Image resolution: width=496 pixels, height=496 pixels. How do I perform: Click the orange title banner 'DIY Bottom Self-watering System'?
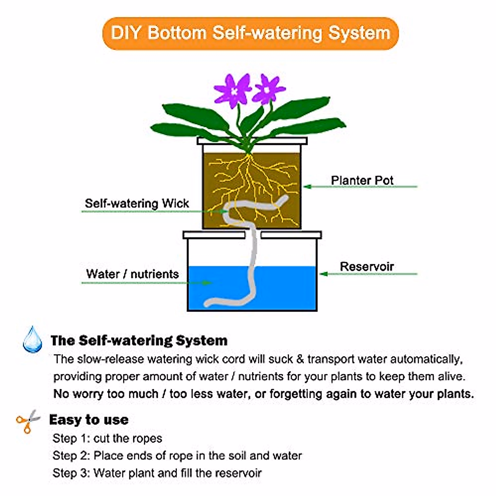click(250, 33)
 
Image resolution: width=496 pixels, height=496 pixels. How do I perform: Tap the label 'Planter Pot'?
click(362, 180)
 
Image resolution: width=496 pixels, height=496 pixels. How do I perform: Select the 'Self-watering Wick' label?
click(137, 203)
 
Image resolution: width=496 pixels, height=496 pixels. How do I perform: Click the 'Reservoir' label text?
click(367, 267)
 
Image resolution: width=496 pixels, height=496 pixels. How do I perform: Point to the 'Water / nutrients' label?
click(132, 274)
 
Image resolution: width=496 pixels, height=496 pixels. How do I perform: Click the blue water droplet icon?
click(33, 340)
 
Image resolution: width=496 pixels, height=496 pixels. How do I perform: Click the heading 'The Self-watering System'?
click(139, 341)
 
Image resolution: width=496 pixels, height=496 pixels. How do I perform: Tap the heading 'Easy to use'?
click(88, 420)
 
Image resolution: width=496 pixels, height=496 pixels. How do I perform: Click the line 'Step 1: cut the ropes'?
click(107, 438)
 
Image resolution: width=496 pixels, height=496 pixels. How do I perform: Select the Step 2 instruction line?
click(177, 455)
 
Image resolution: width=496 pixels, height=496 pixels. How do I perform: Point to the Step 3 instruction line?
click(157, 473)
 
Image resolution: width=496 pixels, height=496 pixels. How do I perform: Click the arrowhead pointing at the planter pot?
click(306, 187)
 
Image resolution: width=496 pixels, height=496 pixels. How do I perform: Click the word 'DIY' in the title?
click(126, 33)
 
